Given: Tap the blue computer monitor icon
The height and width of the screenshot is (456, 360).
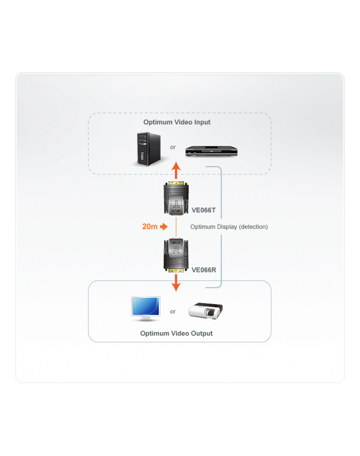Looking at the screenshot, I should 146,309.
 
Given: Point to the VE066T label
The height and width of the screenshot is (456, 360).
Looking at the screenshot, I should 204,209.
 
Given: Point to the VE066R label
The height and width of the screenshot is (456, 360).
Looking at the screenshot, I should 204,269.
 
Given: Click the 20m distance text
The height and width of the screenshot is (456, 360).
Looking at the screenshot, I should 150,226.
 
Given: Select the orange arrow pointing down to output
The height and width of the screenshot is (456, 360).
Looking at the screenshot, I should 176,282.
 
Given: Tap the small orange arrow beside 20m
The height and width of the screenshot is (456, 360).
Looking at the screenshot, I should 164,226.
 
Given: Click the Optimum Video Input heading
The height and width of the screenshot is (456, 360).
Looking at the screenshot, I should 177,122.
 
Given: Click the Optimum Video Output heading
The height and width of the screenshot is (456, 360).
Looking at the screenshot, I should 176,334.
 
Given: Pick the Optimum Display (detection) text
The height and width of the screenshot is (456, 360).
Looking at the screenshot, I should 229,226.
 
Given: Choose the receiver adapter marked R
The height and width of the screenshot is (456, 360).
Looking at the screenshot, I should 176,254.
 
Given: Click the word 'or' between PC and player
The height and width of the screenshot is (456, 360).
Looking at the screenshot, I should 173,147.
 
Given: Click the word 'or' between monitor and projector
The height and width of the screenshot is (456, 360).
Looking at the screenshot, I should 173,311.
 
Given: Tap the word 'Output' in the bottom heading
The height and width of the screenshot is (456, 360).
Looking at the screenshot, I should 200,334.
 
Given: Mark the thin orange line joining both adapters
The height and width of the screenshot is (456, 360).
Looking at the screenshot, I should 176,226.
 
